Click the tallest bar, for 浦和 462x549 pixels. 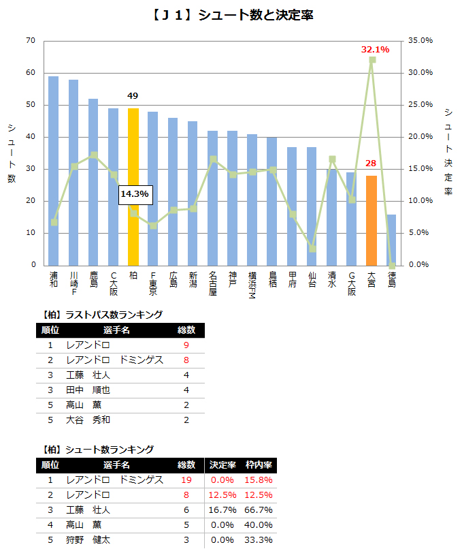[x=53, y=170]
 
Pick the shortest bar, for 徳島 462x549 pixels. [x=391, y=240]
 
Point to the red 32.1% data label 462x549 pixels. [x=375, y=50]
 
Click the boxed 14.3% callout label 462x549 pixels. [x=135, y=194]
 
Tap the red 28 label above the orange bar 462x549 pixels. [x=371, y=163]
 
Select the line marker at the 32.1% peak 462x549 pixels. [x=372, y=60]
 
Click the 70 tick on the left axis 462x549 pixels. [x=30, y=41]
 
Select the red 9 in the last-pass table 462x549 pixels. [x=186, y=345]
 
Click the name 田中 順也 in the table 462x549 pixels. [x=88, y=390]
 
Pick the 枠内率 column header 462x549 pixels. [x=259, y=465]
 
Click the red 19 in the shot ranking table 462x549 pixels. [x=186, y=480]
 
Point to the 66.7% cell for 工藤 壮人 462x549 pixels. [x=259, y=510]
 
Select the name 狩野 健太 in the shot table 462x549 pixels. [x=88, y=540]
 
